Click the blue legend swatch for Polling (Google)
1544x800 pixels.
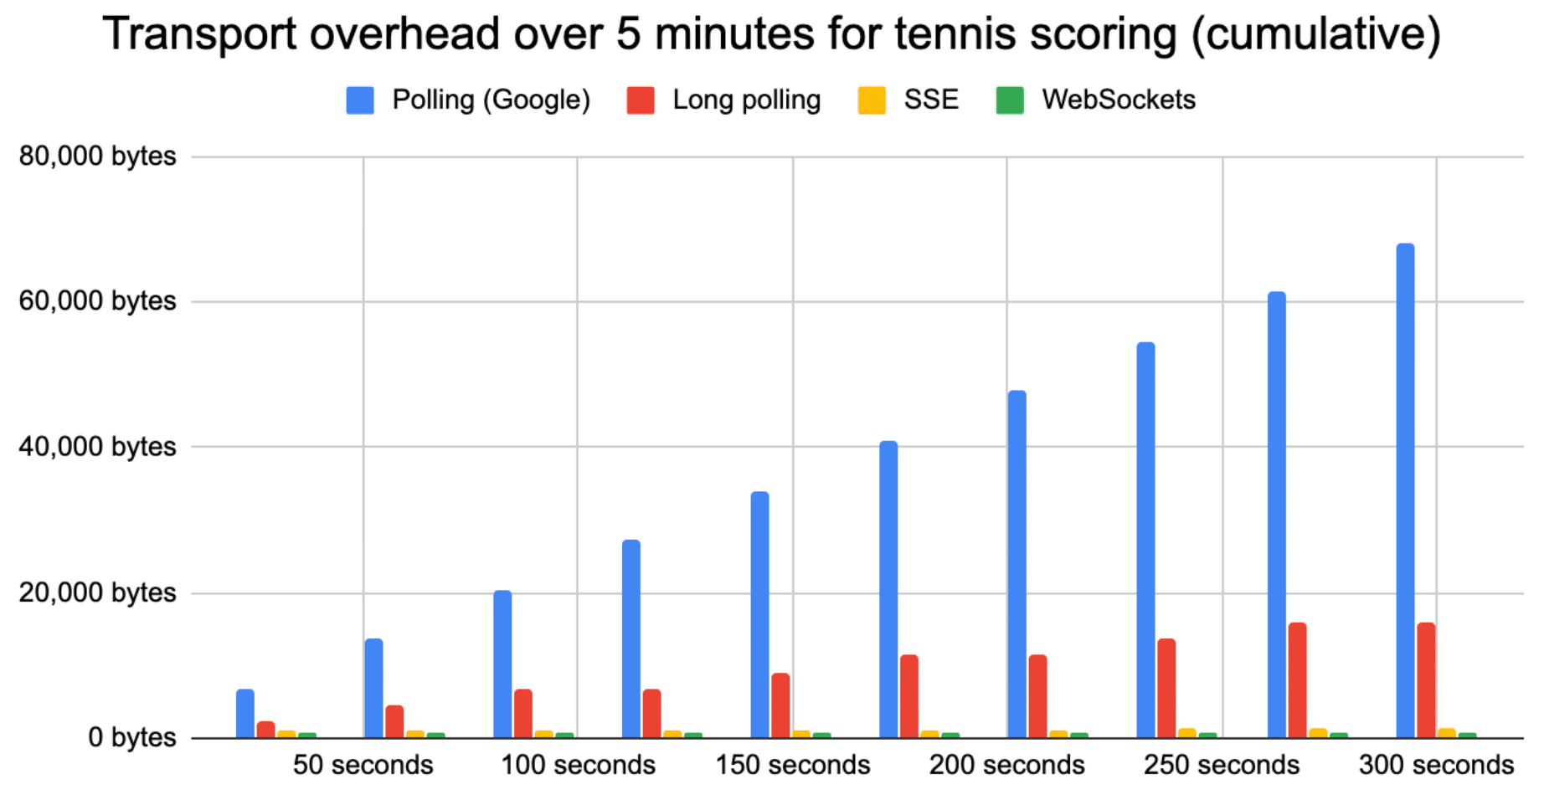(360, 100)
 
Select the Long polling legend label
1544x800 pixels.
(746, 100)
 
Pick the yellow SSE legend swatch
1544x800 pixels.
(872, 100)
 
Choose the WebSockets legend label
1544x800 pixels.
(1118, 100)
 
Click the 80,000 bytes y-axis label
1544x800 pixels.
(97, 156)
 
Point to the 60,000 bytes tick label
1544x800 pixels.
(97, 301)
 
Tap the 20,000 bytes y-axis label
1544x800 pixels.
(97, 592)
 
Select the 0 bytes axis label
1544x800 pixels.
(131, 737)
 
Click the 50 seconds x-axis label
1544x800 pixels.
(363, 765)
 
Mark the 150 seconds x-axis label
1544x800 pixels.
(792, 765)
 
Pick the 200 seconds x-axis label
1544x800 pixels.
(1006, 765)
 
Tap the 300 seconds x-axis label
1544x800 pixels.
(1436, 765)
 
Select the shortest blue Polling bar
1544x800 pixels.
(245, 714)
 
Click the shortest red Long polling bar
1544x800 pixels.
(266, 730)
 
